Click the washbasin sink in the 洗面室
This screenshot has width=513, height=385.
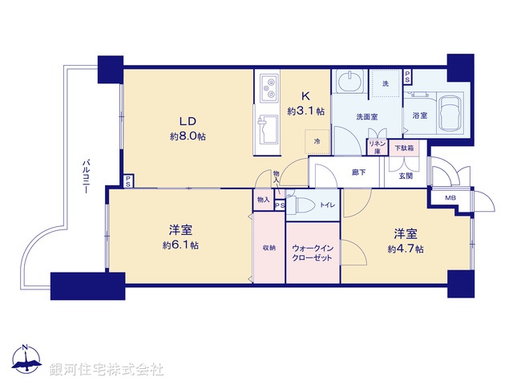(x=349, y=83)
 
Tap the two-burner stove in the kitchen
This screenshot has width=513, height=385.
(x=269, y=84)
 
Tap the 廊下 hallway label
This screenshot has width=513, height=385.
(x=359, y=171)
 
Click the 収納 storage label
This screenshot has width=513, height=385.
(x=269, y=248)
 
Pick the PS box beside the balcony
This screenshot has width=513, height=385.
(x=128, y=180)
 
